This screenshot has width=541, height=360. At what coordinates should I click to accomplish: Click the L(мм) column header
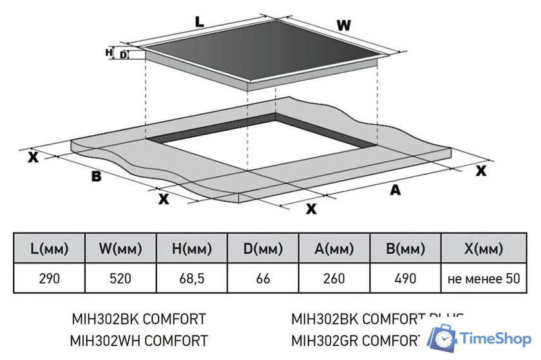pyautogui.click(x=49, y=249)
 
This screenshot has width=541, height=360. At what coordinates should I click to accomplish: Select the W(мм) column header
pyautogui.click(x=120, y=249)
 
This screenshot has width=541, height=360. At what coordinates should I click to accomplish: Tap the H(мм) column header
pyautogui.click(x=192, y=249)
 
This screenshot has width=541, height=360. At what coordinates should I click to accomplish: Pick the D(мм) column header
pyautogui.click(x=263, y=249)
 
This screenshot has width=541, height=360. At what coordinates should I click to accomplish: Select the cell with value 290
pyautogui.click(x=49, y=279)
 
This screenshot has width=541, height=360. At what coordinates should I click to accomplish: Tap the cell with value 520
pyautogui.click(x=120, y=279)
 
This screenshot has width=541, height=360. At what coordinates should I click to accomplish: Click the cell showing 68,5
pyautogui.click(x=192, y=279)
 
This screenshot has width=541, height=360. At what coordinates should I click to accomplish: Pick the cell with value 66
pyautogui.click(x=263, y=279)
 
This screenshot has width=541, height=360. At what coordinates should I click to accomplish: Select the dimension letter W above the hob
pyautogui.click(x=345, y=25)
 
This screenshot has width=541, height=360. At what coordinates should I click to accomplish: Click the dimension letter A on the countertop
pyautogui.click(x=395, y=189)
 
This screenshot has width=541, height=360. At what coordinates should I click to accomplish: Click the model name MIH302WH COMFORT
pyautogui.click(x=139, y=339)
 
